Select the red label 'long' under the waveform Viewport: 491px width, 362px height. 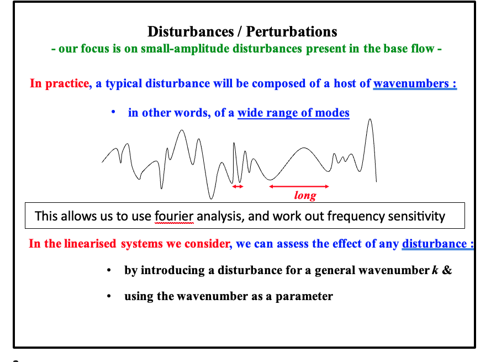[305, 195]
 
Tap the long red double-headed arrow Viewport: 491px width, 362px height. [299, 186]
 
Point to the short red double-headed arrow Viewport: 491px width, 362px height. [237, 187]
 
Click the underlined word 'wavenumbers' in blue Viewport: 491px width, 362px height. [411, 83]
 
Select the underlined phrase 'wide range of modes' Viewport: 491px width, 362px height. [293, 113]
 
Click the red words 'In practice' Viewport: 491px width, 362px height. [59, 83]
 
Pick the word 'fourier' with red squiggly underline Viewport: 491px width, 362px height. [175, 216]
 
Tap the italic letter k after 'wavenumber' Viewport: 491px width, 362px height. [433, 270]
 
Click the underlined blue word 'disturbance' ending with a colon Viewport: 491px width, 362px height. [434, 244]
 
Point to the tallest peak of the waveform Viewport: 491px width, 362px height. [369, 120]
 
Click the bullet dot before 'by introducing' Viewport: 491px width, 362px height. [110, 270]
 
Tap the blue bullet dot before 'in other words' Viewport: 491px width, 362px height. [113, 112]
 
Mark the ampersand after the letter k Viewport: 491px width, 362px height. [447, 270]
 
